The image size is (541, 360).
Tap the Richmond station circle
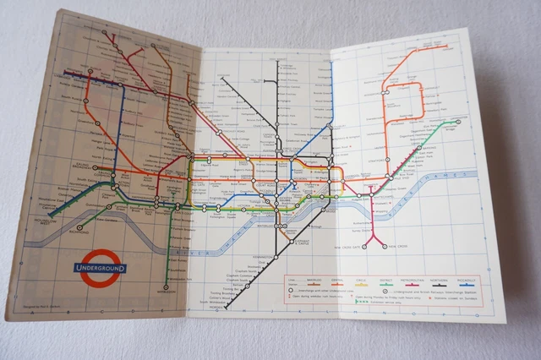(80, 226)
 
